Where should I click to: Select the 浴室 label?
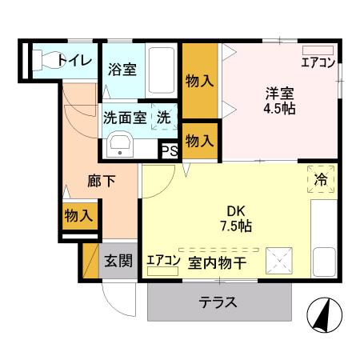tap(122, 70)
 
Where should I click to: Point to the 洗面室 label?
tap(123, 117)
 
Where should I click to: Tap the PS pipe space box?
tap(170, 150)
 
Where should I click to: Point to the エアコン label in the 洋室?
tap(318, 62)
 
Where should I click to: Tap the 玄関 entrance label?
tap(118, 262)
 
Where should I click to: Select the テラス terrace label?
tap(218, 302)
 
